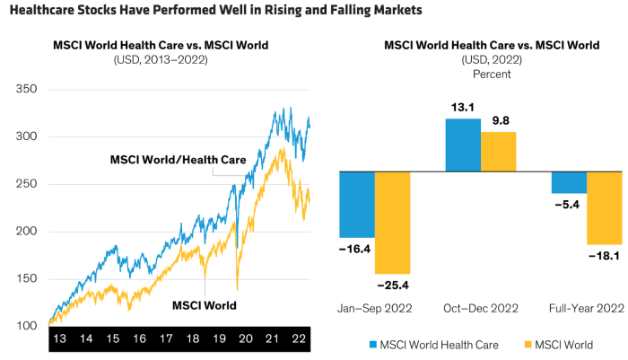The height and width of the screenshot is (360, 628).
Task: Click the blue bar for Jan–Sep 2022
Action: click(x=356, y=205)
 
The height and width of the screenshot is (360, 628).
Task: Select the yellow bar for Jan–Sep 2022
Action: click(x=392, y=223)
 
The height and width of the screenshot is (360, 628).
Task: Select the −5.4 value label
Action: click(x=569, y=204)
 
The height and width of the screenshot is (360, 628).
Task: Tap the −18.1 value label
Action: click(x=605, y=256)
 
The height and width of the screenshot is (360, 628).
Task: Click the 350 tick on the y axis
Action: click(x=27, y=90)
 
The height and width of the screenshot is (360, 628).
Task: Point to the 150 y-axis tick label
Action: click(x=27, y=279)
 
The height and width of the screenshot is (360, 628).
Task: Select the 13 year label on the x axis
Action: click(x=58, y=341)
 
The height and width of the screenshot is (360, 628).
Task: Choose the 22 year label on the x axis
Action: click(x=298, y=341)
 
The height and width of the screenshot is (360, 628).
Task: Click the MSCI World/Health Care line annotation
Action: click(x=178, y=160)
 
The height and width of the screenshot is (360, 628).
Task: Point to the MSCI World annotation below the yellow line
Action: click(x=204, y=305)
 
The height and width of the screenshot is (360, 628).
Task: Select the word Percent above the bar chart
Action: click(x=491, y=74)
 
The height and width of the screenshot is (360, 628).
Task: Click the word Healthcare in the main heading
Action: click(x=42, y=12)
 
